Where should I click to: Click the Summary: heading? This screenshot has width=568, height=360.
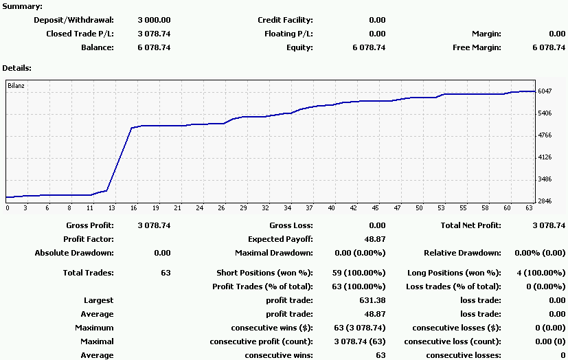click(23, 6)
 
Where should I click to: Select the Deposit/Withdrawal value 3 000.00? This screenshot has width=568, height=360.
click(154, 20)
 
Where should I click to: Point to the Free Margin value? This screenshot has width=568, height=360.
click(548, 47)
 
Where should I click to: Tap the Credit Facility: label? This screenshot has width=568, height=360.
click(285, 20)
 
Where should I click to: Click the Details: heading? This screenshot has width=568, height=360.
click(17, 68)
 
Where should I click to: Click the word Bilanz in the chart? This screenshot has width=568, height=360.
click(16, 86)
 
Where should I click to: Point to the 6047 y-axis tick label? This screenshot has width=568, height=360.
click(546, 91)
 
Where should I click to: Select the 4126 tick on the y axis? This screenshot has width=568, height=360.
click(546, 157)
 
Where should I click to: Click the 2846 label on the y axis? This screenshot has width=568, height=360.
click(546, 201)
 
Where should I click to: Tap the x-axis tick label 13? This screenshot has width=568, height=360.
click(112, 207)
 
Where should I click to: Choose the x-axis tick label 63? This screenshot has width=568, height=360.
click(530, 207)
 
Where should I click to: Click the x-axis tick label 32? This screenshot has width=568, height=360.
click(265, 207)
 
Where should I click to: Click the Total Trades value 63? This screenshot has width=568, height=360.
click(165, 273)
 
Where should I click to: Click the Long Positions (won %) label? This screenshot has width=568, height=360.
click(454, 273)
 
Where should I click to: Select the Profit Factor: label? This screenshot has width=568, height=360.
click(89, 239)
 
